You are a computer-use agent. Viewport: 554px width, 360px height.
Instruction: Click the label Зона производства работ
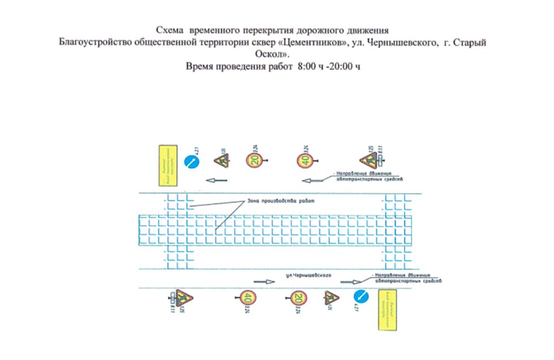(279, 201)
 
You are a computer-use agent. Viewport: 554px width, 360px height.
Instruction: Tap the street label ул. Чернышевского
(308, 275)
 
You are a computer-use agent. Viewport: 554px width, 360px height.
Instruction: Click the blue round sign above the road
(192, 162)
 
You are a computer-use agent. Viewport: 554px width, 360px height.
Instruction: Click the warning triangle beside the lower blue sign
(331, 298)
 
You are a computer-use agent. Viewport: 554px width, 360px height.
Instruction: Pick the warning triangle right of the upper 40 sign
(369, 159)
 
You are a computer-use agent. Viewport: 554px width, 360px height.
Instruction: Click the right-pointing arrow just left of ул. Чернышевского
(263, 281)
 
